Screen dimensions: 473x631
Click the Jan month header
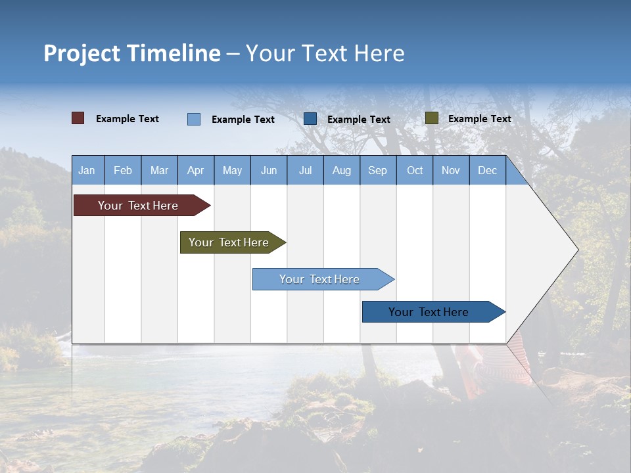[87, 170]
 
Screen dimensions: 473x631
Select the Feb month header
[123, 170]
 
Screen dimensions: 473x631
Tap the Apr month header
[195, 170]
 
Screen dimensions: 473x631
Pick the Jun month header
[269, 170]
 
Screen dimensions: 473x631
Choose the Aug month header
[341, 170]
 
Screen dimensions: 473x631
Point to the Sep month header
[377, 170]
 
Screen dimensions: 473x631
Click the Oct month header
[415, 170]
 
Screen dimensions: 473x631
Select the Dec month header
[487, 170]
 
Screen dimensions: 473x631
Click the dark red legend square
[78, 118]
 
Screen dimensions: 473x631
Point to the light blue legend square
[194, 119]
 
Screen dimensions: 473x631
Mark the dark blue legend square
[310, 118]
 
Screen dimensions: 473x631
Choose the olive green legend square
[431, 118]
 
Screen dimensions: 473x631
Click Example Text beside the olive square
[479, 119]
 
